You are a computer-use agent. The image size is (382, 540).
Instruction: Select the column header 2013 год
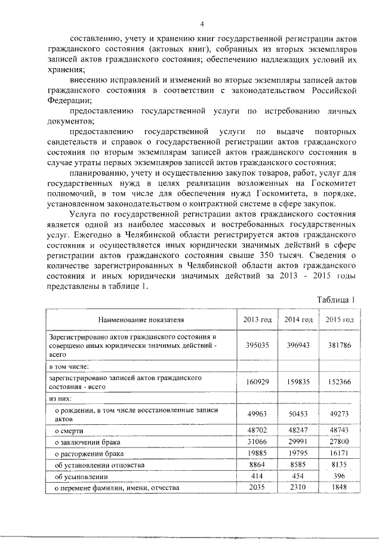[257, 320]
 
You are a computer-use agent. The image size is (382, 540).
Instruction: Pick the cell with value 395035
[257, 345]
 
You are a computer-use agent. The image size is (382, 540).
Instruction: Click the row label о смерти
[69, 431]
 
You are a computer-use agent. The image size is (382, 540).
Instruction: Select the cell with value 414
[257, 477]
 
